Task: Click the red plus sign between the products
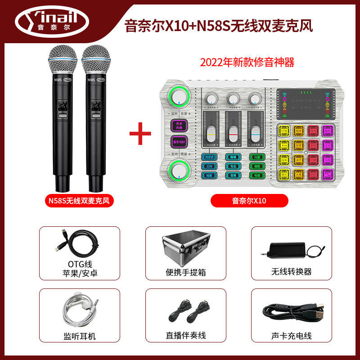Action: pyautogui.click(x=140, y=134)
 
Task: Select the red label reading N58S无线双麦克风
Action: pyautogui.click(x=80, y=201)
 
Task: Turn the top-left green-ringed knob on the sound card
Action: pyautogui.click(x=179, y=98)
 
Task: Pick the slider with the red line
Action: pyautogui.click(x=233, y=134)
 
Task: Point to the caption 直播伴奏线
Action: pyautogui.click(x=186, y=336)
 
